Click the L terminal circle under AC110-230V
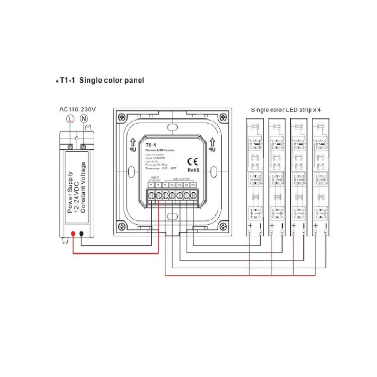(x=70, y=120)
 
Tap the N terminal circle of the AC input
(x=84, y=120)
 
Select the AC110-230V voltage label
(x=78, y=110)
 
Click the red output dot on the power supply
(x=73, y=234)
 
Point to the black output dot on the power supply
(x=82, y=234)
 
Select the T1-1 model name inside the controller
(x=151, y=145)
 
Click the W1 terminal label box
(x=172, y=185)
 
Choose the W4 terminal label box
(x=193, y=185)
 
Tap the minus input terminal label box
(x=151, y=185)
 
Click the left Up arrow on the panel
(x=133, y=141)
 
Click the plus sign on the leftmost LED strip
(x=249, y=226)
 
